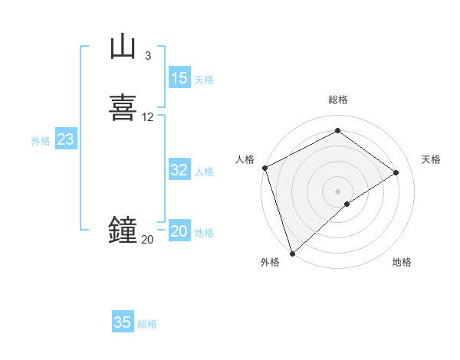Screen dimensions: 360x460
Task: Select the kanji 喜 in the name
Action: tap(123, 107)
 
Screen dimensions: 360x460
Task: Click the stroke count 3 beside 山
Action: tap(147, 56)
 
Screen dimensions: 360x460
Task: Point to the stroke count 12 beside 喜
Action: tap(148, 117)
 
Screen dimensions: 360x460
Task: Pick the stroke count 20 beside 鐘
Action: tap(147, 240)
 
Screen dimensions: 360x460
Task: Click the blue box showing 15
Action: tap(179, 78)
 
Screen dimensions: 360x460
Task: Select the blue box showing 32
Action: tap(179, 170)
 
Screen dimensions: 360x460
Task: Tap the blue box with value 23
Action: tap(65, 139)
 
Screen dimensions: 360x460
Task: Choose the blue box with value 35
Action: tap(123, 322)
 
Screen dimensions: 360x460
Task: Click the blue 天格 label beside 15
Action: tap(204, 80)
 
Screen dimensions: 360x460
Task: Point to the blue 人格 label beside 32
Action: tap(204, 172)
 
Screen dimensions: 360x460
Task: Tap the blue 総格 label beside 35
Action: tap(147, 324)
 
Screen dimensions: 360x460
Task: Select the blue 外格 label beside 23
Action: tap(41, 141)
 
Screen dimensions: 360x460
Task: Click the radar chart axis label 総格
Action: tap(338, 100)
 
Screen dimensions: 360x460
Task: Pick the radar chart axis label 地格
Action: tap(402, 262)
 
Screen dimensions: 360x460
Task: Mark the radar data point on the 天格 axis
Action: tap(396, 172)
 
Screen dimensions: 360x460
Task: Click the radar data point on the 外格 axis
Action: tap(292, 254)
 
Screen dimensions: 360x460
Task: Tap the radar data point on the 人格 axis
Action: tap(264, 168)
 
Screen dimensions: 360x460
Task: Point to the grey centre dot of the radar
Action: tap(338, 191)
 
